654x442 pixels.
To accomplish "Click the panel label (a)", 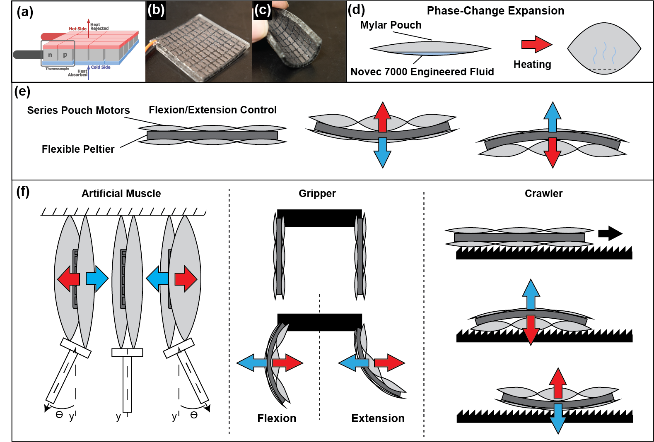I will pos(25,12).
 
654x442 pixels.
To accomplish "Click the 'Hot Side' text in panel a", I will pos(77,29).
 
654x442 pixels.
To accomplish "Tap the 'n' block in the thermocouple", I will pos(50,55).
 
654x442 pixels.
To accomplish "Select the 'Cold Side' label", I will pos(101,67).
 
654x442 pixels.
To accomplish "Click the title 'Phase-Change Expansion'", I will pos(495,11).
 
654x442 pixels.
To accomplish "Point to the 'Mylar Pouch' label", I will pos(390,25).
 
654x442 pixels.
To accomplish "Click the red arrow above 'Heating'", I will pos(536,44).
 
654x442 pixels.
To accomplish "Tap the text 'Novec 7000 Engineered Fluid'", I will pos(422,72).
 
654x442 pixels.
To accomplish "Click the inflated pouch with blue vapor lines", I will pos(603,49).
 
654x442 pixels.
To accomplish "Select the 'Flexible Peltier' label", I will pos(78,149).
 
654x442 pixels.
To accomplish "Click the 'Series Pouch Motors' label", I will pos(78,110).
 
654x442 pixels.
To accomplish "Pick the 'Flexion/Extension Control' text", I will pos(212,110).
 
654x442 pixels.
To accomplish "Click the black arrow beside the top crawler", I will pos(610,233).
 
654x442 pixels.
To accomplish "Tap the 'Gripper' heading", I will pos(317,194).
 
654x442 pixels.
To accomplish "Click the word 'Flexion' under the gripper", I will pos(277,418).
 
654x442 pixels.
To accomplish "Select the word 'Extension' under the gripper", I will pos(378,418).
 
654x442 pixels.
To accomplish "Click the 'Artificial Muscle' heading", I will pos(121,194).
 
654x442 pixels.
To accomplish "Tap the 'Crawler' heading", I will pos(543,194).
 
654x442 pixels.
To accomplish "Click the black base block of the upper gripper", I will pos(319,218).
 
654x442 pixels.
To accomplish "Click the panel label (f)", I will pos(23,191).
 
